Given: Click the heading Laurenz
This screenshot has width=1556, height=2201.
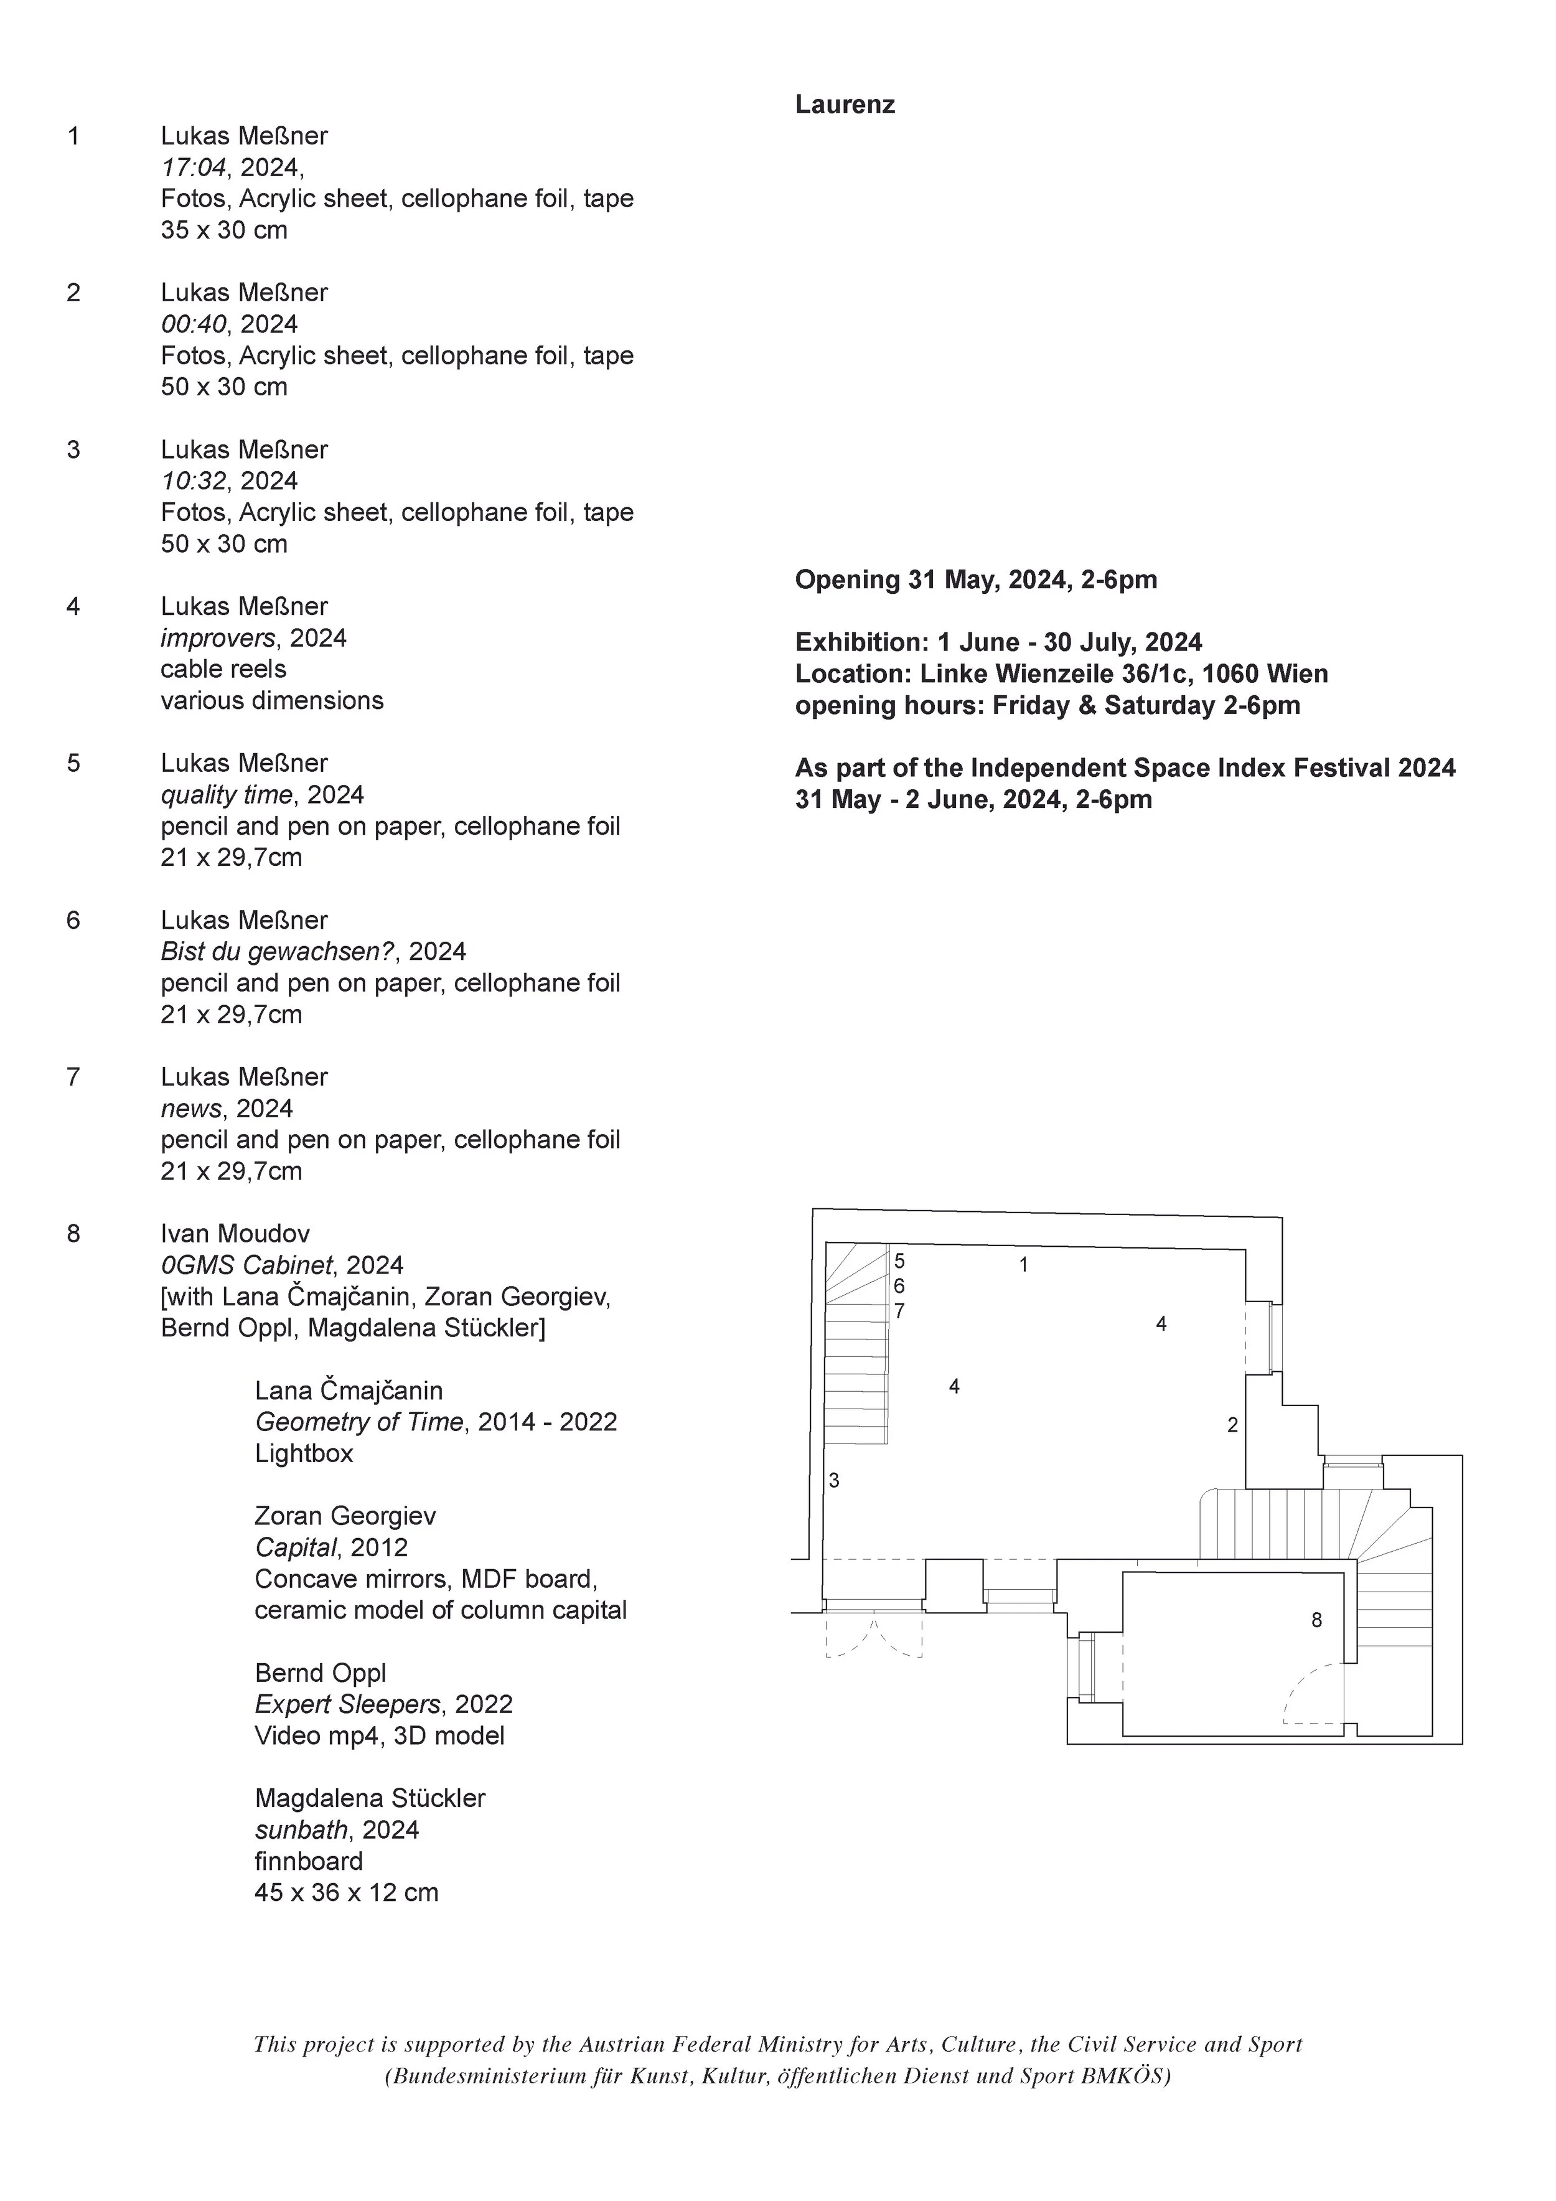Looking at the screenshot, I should tap(845, 105).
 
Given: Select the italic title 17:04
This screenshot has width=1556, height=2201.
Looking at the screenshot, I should tap(194, 168).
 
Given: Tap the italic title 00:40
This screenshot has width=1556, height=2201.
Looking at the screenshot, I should tap(194, 324).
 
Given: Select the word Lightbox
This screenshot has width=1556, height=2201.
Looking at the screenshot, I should tap(304, 1453).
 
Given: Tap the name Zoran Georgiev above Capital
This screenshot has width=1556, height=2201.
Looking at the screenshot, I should tap(345, 1516).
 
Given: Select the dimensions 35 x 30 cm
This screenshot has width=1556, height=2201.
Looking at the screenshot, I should tap(224, 230).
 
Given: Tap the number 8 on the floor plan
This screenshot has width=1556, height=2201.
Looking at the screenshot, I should tap(1316, 1620).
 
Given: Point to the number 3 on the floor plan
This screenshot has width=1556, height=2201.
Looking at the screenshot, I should tap(834, 1481).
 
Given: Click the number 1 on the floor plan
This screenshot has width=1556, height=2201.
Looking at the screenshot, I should tap(1023, 1265).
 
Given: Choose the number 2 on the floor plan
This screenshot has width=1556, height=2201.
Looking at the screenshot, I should tap(1233, 1425).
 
